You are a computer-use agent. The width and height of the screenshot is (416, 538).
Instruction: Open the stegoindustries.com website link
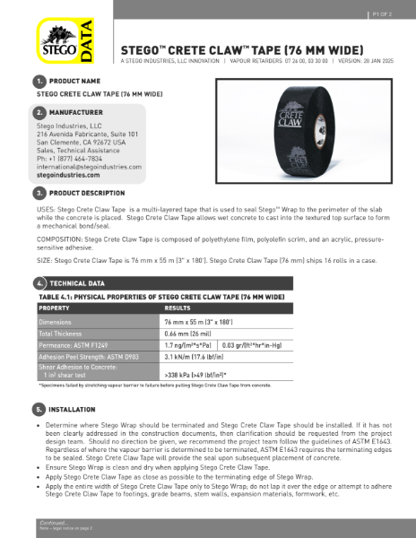pyautogui.click(x=72, y=176)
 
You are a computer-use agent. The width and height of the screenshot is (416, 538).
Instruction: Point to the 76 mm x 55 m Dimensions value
pyautogui.click(x=198, y=320)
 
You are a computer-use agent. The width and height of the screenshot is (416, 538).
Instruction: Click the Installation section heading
pyautogui.click(x=73, y=409)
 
